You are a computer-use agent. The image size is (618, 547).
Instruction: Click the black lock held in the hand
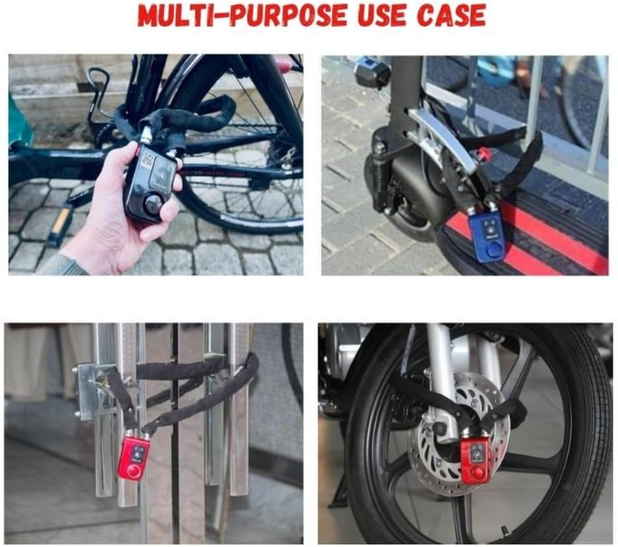click(x=151, y=183)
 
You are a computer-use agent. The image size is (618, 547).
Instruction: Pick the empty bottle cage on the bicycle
click(x=97, y=99)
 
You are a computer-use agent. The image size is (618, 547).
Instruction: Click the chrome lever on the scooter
click(x=441, y=140)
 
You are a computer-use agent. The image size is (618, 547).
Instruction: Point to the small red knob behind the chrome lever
click(x=484, y=155)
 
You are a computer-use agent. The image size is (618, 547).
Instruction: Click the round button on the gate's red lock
click(x=134, y=471)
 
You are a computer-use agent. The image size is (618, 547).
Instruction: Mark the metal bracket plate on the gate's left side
click(x=88, y=390)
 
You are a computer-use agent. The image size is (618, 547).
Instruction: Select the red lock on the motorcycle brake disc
click(x=475, y=460)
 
